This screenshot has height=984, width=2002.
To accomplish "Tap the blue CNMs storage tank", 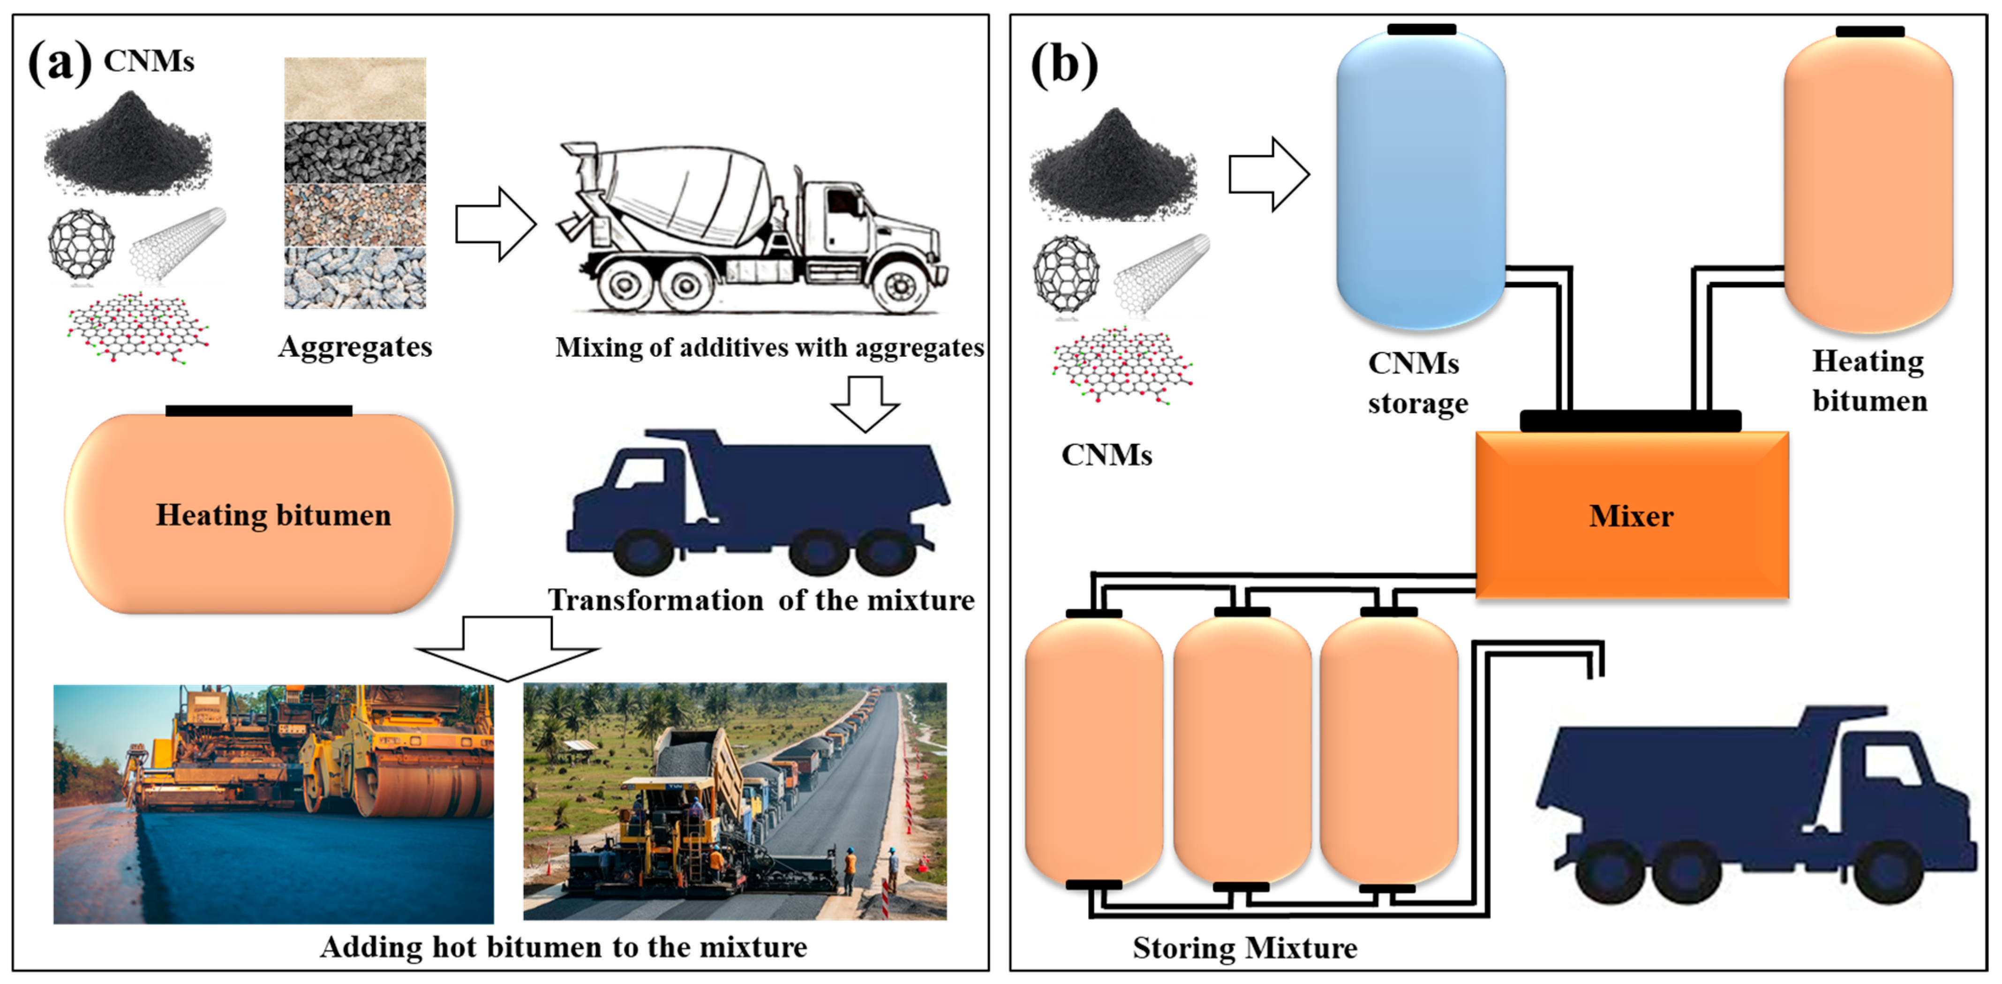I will coord(1421,179).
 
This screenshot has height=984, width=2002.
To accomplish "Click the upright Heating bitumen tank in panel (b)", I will coord(1868,183).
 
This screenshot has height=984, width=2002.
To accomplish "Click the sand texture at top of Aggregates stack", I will coord(354,88).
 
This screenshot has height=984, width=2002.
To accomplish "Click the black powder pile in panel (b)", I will coord(1113,167).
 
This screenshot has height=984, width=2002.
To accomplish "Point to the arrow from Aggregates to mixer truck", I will coord(495,224).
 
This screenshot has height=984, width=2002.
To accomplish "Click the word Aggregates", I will coord(355,346).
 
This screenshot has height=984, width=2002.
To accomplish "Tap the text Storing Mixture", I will coord(1244,947).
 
